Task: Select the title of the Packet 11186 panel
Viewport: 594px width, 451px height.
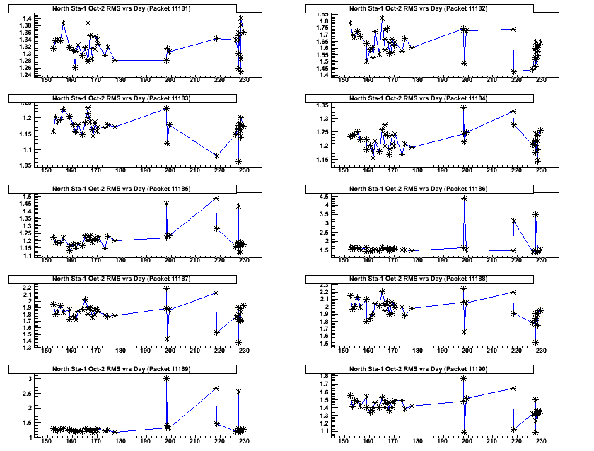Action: pyautogui.click(x=431, y=189)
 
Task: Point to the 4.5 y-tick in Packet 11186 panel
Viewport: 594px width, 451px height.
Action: pyautogui.click(x=324, y=197)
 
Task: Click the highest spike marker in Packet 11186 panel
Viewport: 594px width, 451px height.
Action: pyautogui.click(x=464, y=198)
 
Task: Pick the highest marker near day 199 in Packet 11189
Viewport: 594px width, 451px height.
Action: pyautogui.click(x=166, y=378)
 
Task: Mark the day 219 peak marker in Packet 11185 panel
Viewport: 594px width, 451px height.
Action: pyautogui.click(x=216, y=199)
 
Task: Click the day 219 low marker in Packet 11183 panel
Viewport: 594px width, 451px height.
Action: pyautogui.click(x=216, y=156)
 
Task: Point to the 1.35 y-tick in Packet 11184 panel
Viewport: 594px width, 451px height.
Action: pyautogui.click(x=324, y=106)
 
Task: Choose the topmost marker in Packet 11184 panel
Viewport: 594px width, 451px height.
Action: pyautogui.click(x=464, y=107)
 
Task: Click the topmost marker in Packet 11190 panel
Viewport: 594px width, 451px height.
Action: pyautogui.click(x=464, y=378)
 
